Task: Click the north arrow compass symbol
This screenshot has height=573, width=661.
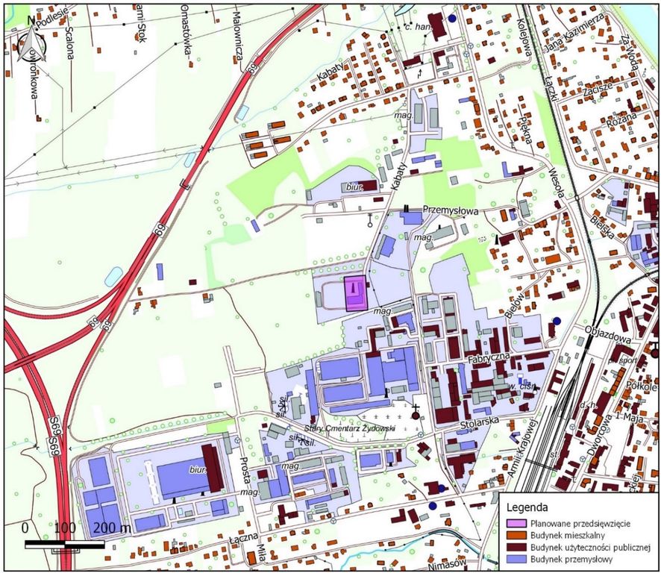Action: (x=34, y=41)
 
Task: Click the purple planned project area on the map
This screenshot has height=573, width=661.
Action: (x=354, y=293)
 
